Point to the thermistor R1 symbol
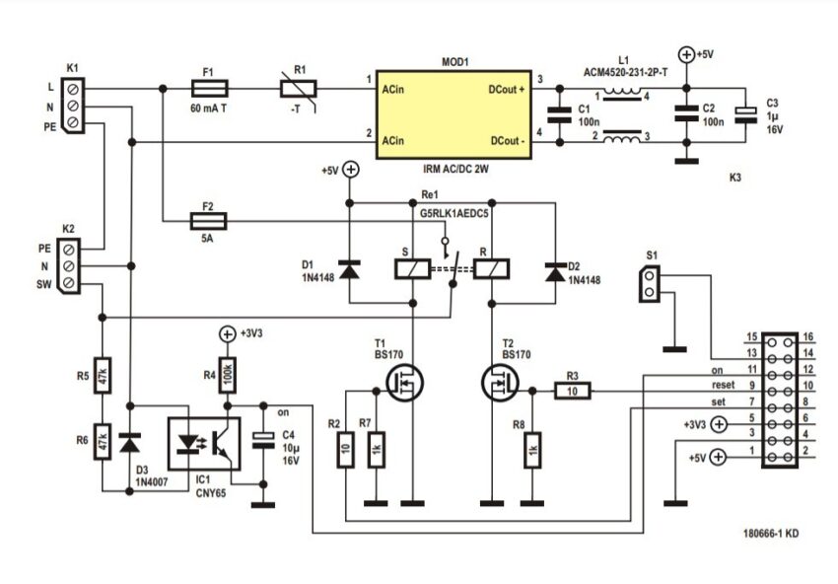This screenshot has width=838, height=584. pyautogui.click(x=298, y=89)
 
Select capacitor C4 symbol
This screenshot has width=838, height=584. pyautogui.click(x=262, y=440)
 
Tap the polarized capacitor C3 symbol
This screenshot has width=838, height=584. pyautogui.click(x=746, y=115)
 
